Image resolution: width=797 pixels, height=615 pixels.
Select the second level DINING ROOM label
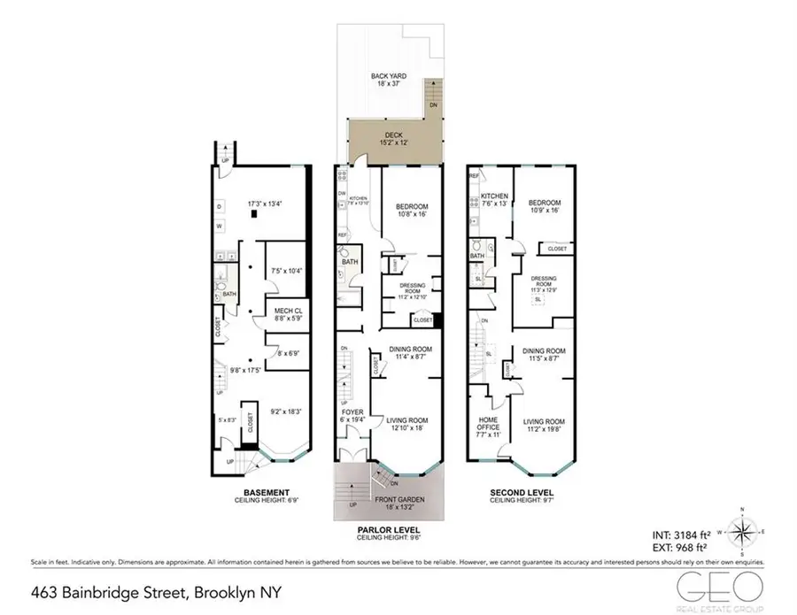coord(544,351)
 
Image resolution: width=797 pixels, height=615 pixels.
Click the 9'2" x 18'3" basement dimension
coord(289,411)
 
